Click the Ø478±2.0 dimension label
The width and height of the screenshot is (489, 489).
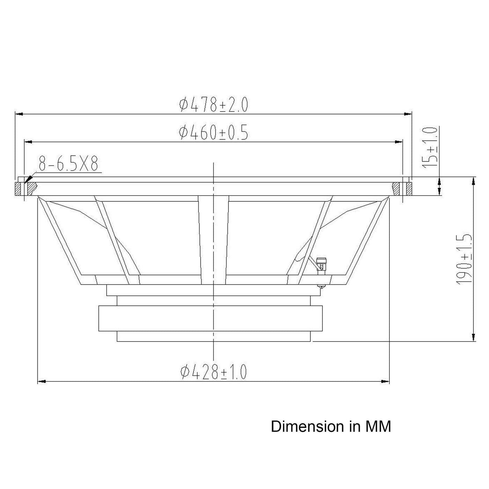point(213,105)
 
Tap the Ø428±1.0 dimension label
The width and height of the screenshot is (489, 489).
point(213,372)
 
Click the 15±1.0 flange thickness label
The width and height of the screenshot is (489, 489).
point(430,147)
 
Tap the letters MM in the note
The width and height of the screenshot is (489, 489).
point(378,427)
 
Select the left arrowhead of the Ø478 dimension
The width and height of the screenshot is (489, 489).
point(19,114)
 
